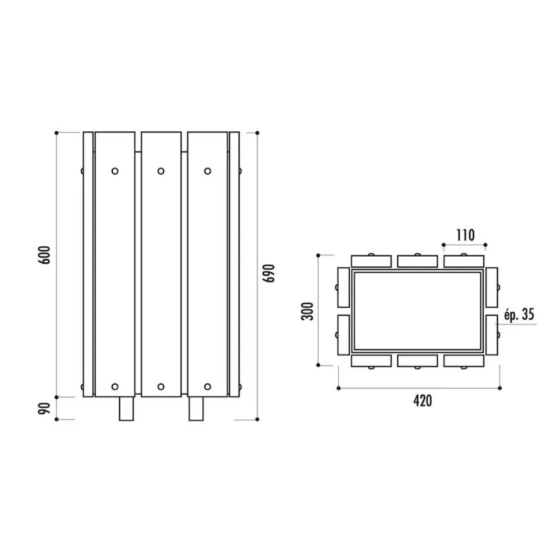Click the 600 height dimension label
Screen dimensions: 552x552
pyautogui.click(x=44, y=255)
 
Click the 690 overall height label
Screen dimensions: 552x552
pyautogui.click(x=269, y=273)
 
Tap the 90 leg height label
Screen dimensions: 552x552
pyautogui.click(x=44, y=408)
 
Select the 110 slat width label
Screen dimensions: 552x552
pyautogui.click(x=465, y=235)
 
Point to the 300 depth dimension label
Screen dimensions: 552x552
pyautogui.click(x=307, y=311)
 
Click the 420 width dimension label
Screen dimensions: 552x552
pyautogui.click(x=422, y=401)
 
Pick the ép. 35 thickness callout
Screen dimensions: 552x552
pyautogui.click(x=519, y=315)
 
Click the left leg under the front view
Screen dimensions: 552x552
pyautogui.click(x=126, y=408)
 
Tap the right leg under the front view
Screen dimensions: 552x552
pyautogui.click(x=196, y=408)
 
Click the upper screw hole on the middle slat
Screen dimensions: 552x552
pyautogui.click(x=161, y=171)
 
